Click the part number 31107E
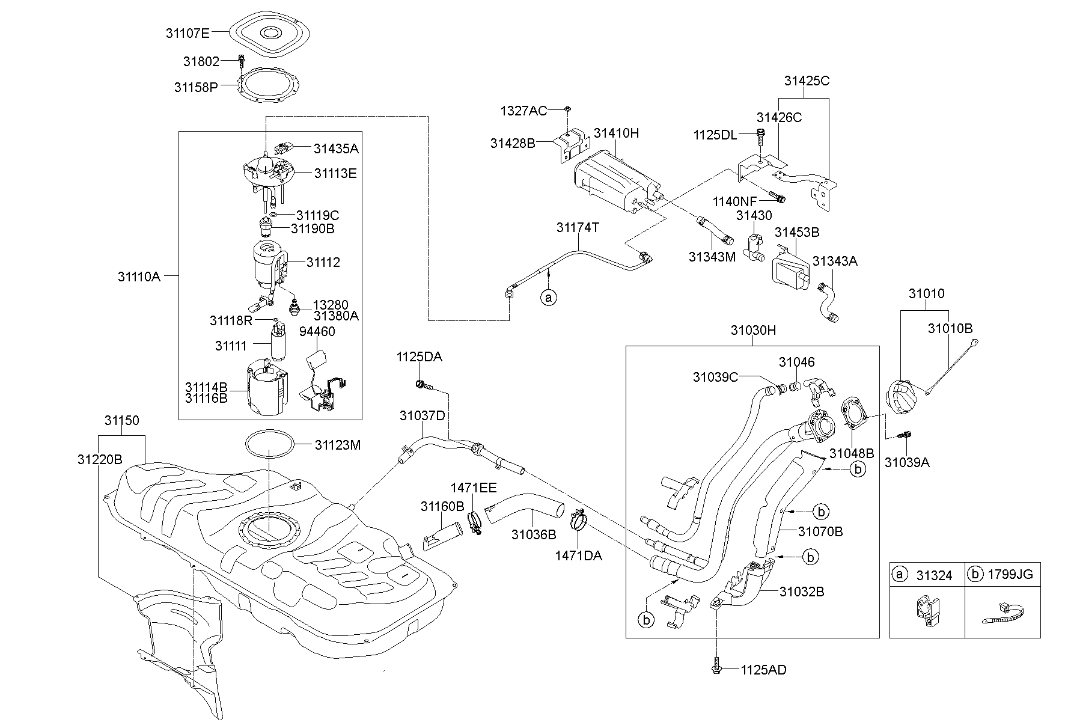[188, 33]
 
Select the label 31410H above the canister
[616, 133]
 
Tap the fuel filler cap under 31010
[902, 397]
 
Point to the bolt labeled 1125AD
[716, 669]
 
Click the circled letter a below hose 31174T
[548, 296]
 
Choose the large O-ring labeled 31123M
[270, 445]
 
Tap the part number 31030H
[753, 330]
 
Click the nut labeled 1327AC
[567, 109]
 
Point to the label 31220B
[100, 459]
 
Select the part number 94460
[317, 331]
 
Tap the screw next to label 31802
[242, 61]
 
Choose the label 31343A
[835, 261]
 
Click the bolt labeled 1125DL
[761, 136]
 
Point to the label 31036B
[534, 534]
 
